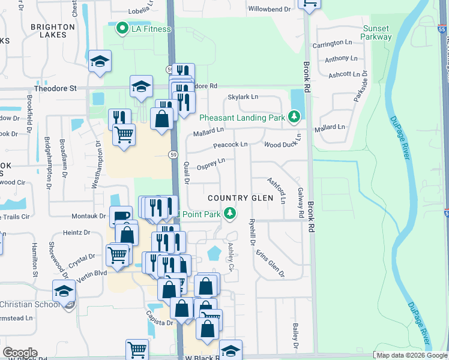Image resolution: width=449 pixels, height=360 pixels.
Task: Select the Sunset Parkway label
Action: (x=376, y=32)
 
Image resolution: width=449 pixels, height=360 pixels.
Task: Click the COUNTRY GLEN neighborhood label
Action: (x=240, y=198)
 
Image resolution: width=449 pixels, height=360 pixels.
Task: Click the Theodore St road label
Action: (x=55, y=88)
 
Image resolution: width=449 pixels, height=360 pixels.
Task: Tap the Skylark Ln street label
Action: (x=243, y=97)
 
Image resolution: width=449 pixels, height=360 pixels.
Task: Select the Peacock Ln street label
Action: (x=230, y=145)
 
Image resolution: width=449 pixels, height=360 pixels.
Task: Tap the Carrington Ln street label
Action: (x=332, y=43)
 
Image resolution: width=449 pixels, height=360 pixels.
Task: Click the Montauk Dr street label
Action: (x=88, y=216)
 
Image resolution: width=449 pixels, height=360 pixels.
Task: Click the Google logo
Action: (x=20, y=353)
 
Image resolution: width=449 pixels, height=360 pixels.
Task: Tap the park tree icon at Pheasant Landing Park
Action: (x=294, y=116)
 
